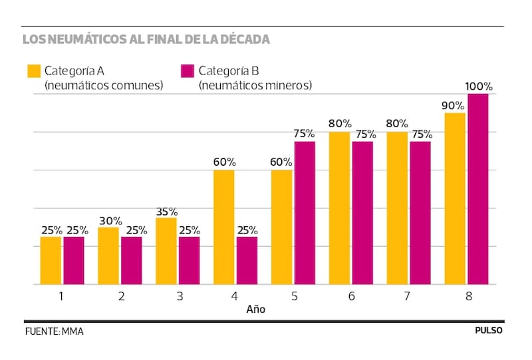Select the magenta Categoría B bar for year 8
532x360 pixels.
477,189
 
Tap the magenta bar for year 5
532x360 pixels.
304,213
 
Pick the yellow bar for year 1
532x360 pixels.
51,260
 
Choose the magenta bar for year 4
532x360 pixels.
247,260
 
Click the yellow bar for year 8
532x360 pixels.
455,198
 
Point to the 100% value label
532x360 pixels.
479,87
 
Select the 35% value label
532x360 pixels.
167,210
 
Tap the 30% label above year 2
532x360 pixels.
110,220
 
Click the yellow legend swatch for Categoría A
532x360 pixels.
34,71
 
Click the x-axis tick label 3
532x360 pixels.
179,295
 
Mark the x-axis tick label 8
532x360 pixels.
468,295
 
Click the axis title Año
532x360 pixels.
256,309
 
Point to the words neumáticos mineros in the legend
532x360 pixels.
255,85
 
